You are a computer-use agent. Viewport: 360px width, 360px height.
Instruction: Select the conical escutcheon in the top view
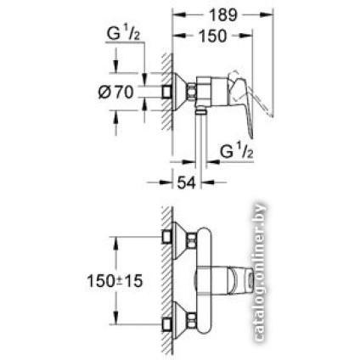coord(177,91)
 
